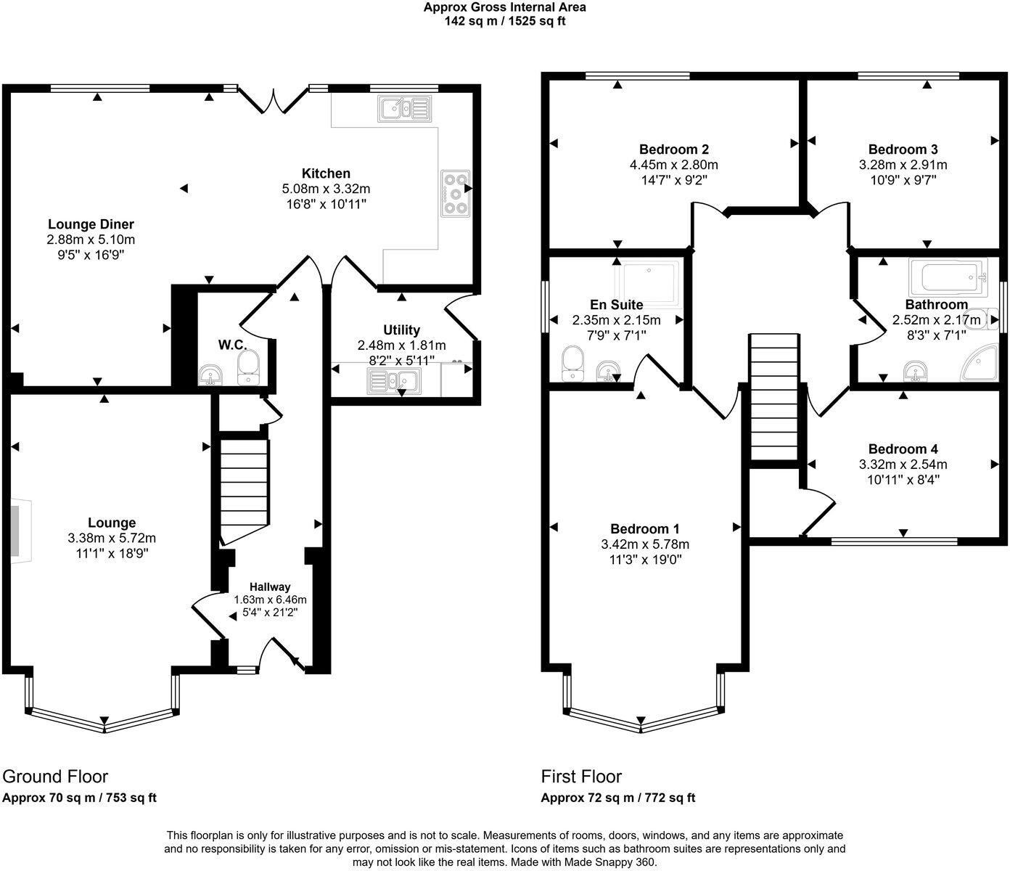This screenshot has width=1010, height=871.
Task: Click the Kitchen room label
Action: pos(326,173)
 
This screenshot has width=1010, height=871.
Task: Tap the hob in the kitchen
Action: pos(456,194)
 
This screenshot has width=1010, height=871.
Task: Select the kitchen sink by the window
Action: pos(405,108)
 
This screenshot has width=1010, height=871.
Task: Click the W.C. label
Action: pos(232,345)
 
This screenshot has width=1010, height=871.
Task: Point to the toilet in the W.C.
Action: pos(249,367)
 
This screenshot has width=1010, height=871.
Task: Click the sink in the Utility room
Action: pos(394,381)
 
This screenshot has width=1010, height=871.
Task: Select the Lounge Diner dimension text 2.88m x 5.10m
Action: pos(91,240)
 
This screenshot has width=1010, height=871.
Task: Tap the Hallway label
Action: pos(270,587)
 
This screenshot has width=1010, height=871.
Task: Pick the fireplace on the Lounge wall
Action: pos(20,531)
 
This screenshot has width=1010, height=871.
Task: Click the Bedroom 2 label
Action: pos(674,149)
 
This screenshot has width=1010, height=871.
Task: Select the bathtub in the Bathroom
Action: pos(948,277)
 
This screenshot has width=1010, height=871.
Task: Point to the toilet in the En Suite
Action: pos(572,364)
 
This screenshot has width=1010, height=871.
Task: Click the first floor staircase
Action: pos(774,397)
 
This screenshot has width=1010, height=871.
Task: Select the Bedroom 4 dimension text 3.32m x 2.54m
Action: pos(903,465)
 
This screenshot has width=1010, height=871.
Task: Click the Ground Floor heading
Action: pos(55,777)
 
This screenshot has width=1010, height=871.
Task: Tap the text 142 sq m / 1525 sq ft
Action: pos(505,22)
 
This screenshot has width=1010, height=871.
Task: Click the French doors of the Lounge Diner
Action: pos(274,101)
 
